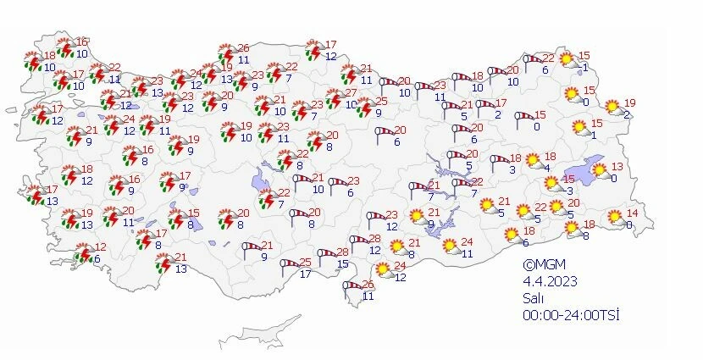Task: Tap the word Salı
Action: (532, 298)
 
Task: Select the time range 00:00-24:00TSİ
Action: (572, 315)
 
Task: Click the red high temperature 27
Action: (351, 93)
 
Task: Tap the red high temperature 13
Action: (617, 166)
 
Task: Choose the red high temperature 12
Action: (101, 246)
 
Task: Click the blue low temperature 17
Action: (305, 274)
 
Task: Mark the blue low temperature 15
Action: (342, 264)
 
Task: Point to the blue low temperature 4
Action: (546, 168)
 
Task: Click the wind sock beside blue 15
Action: (324, 253)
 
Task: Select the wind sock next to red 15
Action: (525, 116)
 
